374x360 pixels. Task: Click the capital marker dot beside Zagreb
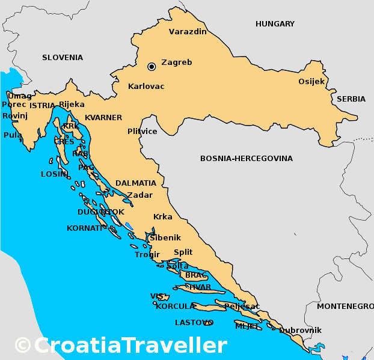[152, 66]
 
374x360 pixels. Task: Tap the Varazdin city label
[188, 31]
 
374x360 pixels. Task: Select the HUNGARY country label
[275, 24]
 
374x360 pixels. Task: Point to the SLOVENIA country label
[63, 58]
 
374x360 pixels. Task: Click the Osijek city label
[311, 81]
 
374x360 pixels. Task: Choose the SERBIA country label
[351, 99]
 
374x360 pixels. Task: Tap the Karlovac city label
[146, 87]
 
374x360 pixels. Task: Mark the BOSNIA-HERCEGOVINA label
[247, 159]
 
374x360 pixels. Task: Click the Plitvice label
[143, 131]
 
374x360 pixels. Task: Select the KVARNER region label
[103, 117]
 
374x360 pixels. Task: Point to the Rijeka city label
[72, 104]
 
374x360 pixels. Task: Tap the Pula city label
[12, 135]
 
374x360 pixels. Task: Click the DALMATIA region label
[136, 183]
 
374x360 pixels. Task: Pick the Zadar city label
[139, 195]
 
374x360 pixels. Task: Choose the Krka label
[162, 217]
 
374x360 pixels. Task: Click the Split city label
[183, 252]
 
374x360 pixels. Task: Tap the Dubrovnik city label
[301, 330]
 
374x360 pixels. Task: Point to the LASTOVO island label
[192, 323]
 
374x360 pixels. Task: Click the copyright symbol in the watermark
[23, 346]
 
